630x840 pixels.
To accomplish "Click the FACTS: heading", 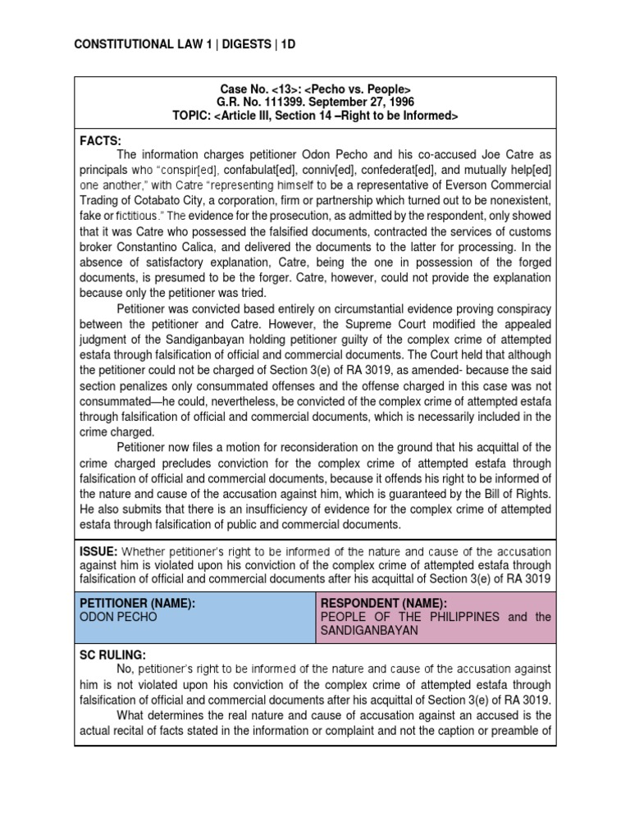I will pyautogui.click(x=100, y=141).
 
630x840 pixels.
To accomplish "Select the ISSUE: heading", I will pyautogui.click(x=102, y=551).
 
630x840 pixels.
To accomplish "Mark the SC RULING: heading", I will pyautogui.click(x=112, y=655).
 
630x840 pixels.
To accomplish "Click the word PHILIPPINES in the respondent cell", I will pyautogui.click(x=454, y=617).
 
